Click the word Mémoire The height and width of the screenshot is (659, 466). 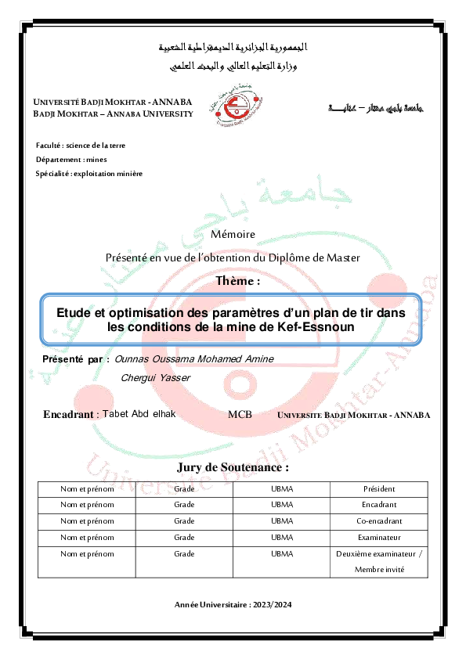pos(233,235)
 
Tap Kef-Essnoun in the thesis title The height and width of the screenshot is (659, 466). pos(323,326)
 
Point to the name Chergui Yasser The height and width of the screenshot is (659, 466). pos(156,377)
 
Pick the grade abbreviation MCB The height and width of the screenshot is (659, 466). pos(240,415)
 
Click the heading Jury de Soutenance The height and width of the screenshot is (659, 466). pos(233,467)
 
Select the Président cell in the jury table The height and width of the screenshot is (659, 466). pos(379,489)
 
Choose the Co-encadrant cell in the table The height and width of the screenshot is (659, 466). pos(379,520)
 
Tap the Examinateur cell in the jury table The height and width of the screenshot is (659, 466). pos(379,537)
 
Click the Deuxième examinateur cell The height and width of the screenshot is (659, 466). pos(379,553)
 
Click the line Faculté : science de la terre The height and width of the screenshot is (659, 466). pos(81,146)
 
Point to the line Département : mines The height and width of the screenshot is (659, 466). pos(71,160)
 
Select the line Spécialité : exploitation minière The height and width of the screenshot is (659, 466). pos(89,173)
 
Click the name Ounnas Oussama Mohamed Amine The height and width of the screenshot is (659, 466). pos(194,358)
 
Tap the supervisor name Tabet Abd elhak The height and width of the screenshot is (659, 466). pos(139,414)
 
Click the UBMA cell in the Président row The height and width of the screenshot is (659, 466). pos(282,489)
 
